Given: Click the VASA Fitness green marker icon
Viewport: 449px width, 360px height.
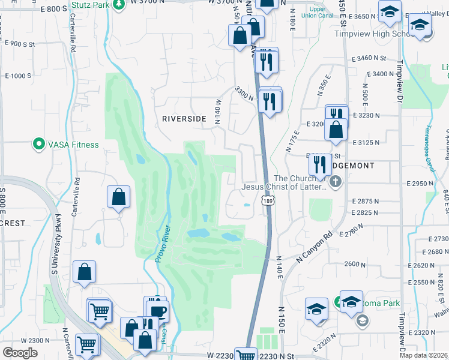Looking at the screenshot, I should (39, 144).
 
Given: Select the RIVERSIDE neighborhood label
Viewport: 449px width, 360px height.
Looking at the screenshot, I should (184, 119).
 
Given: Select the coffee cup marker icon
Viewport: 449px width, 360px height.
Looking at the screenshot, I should (158, 311).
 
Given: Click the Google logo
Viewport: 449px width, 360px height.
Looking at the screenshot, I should (20, 353).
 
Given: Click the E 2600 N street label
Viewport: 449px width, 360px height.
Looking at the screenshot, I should (355, 265).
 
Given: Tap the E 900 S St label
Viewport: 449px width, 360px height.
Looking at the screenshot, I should (20, 44).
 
